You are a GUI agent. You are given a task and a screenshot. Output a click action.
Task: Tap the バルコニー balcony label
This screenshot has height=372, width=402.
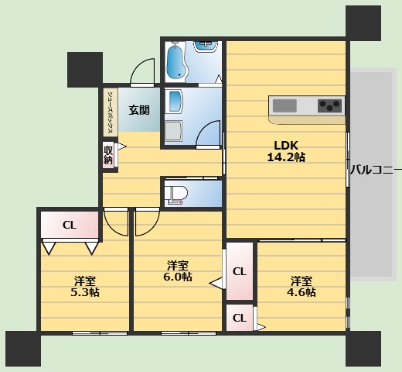pyautogui.click(x=375, y=168)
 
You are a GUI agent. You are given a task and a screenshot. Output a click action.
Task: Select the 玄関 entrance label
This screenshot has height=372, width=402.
pyautogui.click(x=139, y=110)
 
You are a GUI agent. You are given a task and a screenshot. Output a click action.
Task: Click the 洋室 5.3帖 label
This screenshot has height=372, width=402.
pyautogui.click(x=86, y=286)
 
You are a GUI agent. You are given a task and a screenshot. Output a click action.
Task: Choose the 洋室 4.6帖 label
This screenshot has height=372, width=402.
pyautogui.click(x=301, y=286)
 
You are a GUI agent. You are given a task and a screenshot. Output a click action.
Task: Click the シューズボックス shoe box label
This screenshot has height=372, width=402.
pyautogui.click(x=111, y=111)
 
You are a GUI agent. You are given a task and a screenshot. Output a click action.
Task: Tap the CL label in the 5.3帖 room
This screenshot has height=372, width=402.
pyautogui.click(x=69, y=226)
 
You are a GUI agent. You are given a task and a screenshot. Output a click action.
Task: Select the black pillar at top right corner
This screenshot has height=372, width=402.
pyautogui.click(x=363, y=21)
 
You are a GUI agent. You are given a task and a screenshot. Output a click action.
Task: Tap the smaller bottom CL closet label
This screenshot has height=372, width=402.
pyautogui.click(x=240, y=317)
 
